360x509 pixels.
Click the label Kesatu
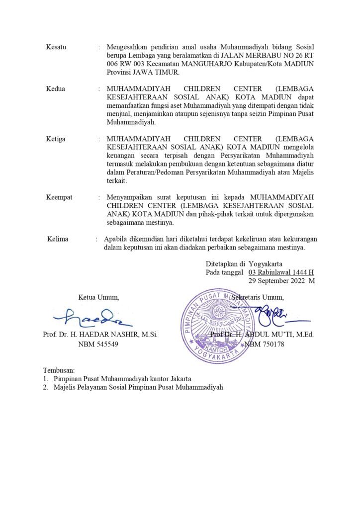[56, 47]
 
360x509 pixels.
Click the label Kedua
[56, 89]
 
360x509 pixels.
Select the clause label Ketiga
[56, 139]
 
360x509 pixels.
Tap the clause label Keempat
[59, 197]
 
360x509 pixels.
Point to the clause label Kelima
[58, 239]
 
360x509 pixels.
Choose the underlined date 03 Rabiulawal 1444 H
[281, 272]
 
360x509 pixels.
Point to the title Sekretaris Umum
[258, 298]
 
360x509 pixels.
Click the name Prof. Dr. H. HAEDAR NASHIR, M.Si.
[100, 335]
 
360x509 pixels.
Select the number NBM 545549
[98, 344]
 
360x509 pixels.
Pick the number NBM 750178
[264, 344]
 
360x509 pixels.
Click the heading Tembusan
[59, 370]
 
